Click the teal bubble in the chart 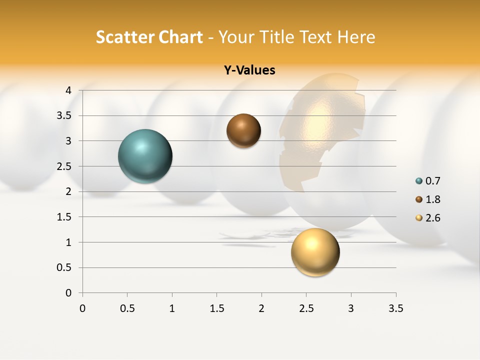click(x=145, y=156)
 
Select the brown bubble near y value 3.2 click(x=243, y=130)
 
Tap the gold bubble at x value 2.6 click(x=315, y=252)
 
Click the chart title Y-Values click(x=249, y=70)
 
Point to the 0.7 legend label click(x=432, y=181)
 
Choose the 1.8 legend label click(x=432, y=199)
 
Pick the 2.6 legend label click(x=432, y=218)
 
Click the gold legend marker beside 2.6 click(x=419, y=218)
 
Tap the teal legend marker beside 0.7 click(x=419, y=181)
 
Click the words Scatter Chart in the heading click(x=149, y=37)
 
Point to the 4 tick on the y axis click(x=68, y=90)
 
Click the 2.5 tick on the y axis click(x=64, y=166)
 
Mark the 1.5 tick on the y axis click(x=64, y=217)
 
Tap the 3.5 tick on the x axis click(x=395, y=308)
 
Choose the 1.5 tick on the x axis click(x=216, y=308)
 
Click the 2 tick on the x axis click(x=261, y=308)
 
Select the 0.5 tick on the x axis click(x=127, y=308)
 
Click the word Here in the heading click(x=356, y=37)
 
